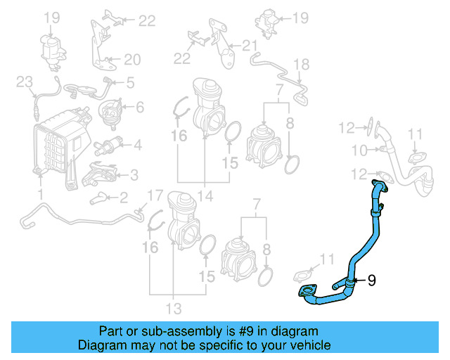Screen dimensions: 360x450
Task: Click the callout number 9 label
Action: pyautogui.click(x=372, y=280)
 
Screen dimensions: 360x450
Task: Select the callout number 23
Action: pyautogui.click(x=25, y=83)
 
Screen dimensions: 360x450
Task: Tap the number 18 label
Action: pyautogui.click(x=301, y=65)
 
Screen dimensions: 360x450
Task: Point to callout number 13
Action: pyautogui.click(x=174, y=308)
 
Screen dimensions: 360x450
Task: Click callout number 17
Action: pyautogui.click(x=154, y=195)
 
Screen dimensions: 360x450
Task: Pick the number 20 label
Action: pyautogui.click(x=133, y=60)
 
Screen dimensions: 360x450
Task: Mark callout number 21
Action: pyautogui.click(x=250, y=46)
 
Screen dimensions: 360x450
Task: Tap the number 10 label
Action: pyautogui.click(x=359, y=150)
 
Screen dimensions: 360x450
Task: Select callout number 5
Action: pyautogui.click(x=130, y=83)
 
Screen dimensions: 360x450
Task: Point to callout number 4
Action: pyautogui.click(x=138, y=146)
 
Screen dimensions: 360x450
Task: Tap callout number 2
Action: pyautogui.click(x=123, y=197)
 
